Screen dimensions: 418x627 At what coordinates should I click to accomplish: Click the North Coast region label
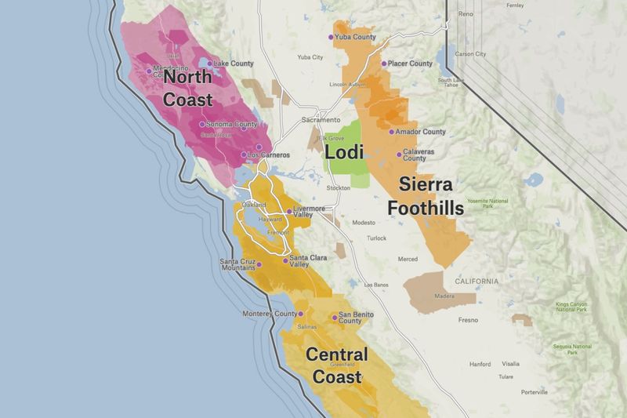click(188, 89)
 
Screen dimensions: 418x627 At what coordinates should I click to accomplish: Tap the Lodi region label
click(345, 152)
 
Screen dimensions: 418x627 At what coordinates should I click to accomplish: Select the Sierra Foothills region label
click(426, 196)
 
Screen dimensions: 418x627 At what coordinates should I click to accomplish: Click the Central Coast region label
click(337, 365)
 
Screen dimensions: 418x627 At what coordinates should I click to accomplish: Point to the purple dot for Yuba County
click(331, 37)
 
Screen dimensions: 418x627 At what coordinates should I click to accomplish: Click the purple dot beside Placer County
click(383, 64)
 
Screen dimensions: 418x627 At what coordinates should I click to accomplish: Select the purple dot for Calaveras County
click(399, 151)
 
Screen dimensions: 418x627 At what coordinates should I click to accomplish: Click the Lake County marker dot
click(209, 63)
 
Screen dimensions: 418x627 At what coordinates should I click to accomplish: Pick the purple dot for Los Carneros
click(244, 155)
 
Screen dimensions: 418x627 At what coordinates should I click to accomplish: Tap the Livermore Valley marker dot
click(288, 210)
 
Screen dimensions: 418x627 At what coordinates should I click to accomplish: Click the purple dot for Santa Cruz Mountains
click(259, 264)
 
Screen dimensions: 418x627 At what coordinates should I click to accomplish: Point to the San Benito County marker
click(335, 318)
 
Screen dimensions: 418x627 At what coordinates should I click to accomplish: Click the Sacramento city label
click(318, 121)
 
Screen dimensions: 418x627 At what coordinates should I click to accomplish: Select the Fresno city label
click(468, 320)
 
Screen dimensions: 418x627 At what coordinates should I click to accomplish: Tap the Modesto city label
click(364, 223)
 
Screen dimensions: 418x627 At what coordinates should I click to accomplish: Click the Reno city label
click(466, 14)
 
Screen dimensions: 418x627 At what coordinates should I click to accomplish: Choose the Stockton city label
click(339, 189)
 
